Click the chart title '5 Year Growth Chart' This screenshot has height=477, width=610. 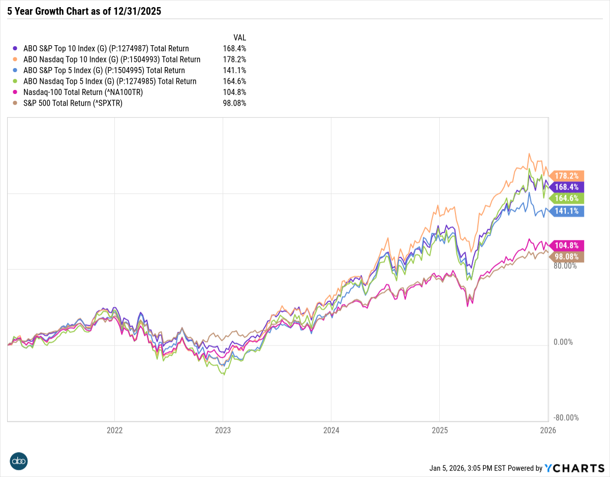tap(84, 11)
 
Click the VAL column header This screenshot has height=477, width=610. tap(239, 38)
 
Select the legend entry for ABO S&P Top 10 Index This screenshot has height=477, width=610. tap(106, 49)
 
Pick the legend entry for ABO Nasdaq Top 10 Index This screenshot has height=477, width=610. tap(112, 59)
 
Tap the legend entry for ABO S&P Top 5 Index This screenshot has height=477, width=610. tap(104, 71)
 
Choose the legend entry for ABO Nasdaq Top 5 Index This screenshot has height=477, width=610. tap(109, 81)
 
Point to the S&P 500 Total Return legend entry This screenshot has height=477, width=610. tap(73, 103)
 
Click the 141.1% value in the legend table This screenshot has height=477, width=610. tap(235, 71)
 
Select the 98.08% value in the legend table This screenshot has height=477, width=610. tap(234, 103)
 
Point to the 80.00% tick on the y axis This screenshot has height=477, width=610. tap(565, 266)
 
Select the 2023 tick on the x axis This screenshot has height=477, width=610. tap(223, 430)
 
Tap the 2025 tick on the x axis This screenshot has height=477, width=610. tap(439, 430)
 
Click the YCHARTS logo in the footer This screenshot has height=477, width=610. tap(574, 468)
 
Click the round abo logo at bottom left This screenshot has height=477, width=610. tap(19, 461)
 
